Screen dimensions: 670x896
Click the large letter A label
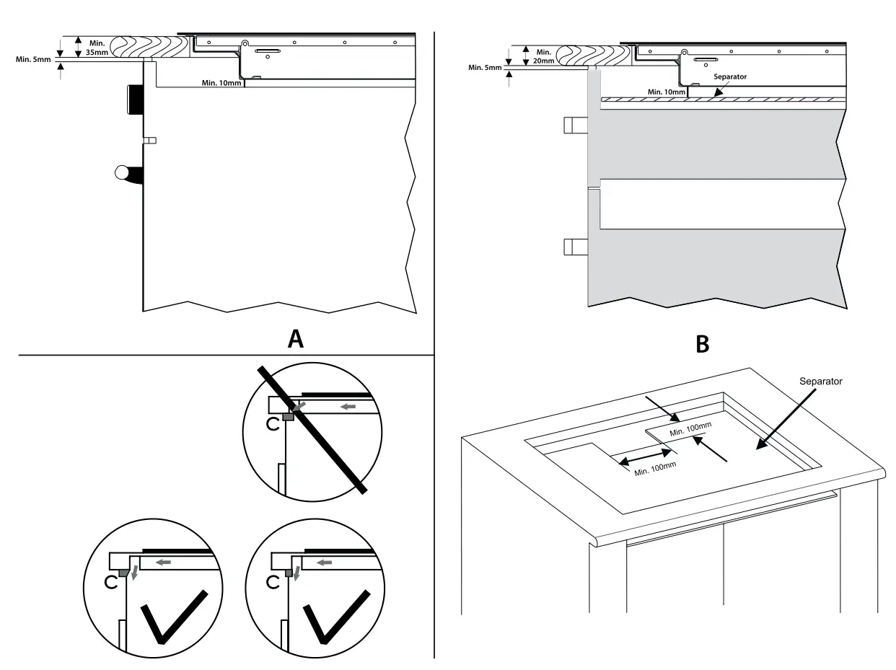pos(295,338)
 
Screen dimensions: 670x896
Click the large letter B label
pos(702,345)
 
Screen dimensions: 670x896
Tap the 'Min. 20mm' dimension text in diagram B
pos(544,57)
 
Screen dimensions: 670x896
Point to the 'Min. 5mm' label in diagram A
pos(33,59)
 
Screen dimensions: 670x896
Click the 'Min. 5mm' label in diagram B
pos(484,68)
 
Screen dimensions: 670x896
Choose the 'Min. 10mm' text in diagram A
pos(221,83)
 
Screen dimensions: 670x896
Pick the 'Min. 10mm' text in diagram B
pos(665,92)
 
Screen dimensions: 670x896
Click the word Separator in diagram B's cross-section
pos(729,76)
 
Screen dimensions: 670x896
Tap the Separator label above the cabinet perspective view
pos(821,380)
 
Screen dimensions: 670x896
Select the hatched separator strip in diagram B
pos(721,100)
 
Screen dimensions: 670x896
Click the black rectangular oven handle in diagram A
pos(134,99)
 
